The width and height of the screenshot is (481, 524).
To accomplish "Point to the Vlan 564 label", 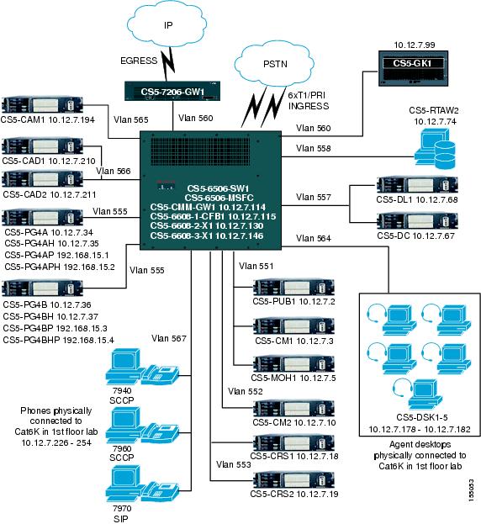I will click(x=314, y=238).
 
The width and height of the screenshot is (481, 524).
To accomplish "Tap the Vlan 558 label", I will click(x=314, y=148).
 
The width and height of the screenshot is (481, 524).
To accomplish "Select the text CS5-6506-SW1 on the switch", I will click(x=205, y=188).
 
